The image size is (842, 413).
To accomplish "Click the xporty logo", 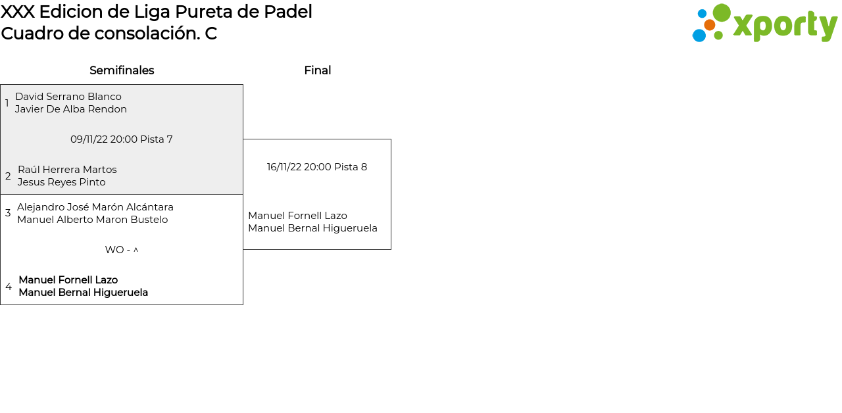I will point(764,24).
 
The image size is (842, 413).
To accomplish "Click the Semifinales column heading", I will point(122,70).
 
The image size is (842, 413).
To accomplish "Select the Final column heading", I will point(317,70).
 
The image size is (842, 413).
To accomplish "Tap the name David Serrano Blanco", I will point(68,97).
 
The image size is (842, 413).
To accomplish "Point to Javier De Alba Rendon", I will point(71,109).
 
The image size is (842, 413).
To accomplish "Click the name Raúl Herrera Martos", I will point(67,170).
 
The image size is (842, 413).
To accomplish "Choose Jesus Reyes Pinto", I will point(61,182).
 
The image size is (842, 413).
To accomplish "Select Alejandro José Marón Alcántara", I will point(95,207).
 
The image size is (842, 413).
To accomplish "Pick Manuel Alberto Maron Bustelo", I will point(92,220).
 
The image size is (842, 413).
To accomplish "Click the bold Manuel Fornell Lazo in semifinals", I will point(68,280).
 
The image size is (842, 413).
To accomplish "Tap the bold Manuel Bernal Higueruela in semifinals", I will point(83,293).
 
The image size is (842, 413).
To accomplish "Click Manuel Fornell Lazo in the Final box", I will point(297,216).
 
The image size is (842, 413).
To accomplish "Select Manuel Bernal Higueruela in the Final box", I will point(312,228).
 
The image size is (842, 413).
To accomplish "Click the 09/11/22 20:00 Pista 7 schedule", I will point(122,139).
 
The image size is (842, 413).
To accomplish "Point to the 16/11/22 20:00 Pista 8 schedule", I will point(317,167).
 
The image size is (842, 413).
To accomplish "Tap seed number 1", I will point(7,103).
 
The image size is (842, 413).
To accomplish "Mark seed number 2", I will point(8,176).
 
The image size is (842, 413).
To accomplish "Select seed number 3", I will point(8,213).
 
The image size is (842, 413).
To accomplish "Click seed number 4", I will point(9,287).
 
